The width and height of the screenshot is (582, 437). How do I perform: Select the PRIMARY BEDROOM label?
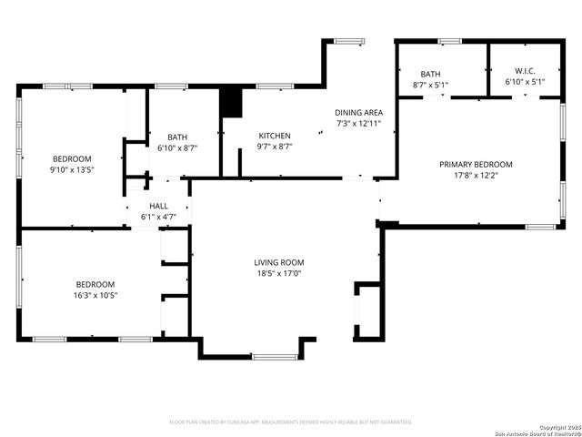coord(476,165)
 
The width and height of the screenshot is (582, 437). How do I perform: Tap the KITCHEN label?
coord(274,136)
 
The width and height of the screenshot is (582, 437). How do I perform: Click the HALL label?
coord(158,207)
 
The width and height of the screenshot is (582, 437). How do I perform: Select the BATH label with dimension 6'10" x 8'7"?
coord(176,137)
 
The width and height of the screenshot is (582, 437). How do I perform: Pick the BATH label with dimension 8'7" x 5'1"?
coord(430,74)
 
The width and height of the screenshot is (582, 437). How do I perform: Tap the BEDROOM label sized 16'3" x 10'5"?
coord(95,284)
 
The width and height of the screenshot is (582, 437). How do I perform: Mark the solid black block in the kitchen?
coord(233,102)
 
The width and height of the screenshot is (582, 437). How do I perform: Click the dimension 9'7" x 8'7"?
coord(274,146)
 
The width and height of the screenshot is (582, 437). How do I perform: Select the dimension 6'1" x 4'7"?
coord(158,217)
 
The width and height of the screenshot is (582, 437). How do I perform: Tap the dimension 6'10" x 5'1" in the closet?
coord(525,83)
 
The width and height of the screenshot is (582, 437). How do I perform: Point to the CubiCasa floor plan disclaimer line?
coord(291,422)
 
